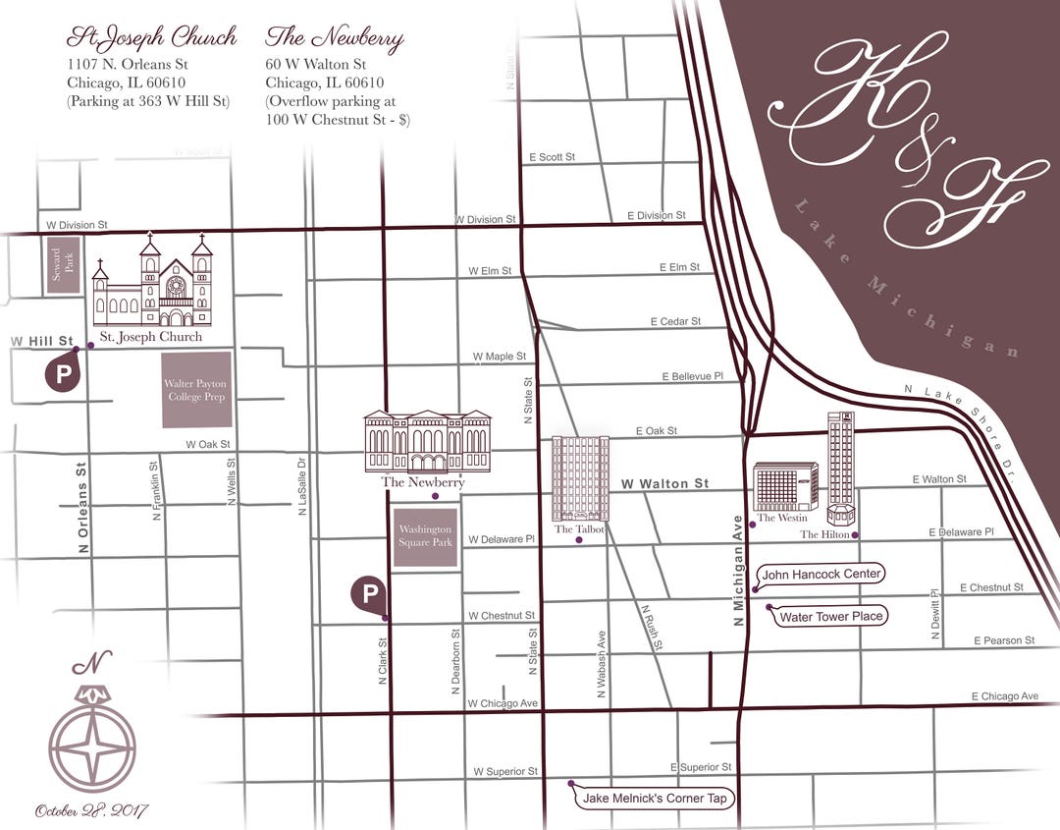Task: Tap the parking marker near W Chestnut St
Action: [x=369, y=593]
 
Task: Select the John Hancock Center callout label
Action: [x=822, y=574]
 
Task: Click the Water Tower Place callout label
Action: [x=831, y=617]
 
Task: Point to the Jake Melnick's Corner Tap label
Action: [x=656, y=799]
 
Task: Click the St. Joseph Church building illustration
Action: [x=153, y=286]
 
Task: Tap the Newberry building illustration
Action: [x=427, y=441]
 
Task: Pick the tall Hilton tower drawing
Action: [x=840, y=467]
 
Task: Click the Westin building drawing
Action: [x=785, y=486]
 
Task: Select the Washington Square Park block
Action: [x=425, y=537]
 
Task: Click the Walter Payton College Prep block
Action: [x=197, y=389]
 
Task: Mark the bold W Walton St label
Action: [x=664, y=483]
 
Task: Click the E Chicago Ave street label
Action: [x=1004, y=696]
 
